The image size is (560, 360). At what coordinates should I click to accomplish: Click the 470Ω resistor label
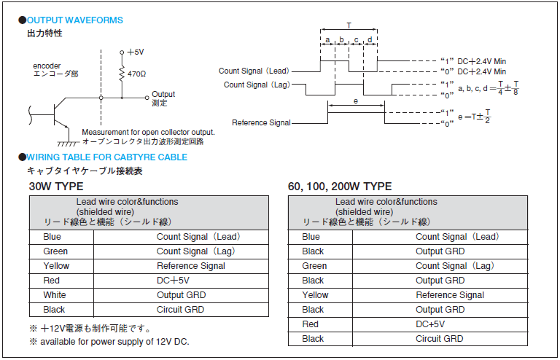[x=137, y=74]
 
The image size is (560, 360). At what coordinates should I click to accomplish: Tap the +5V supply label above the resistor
[x=136, y=52]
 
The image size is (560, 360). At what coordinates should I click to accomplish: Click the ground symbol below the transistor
[x=69, y=143]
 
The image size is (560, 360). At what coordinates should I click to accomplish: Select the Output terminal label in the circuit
[x=163, y=94]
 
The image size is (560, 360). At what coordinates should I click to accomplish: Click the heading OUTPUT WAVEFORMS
[x=74, y=20]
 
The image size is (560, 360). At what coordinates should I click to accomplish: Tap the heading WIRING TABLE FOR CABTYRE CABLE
[x=106, y=157]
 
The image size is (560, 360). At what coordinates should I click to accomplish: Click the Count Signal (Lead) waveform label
[x=254, y=71]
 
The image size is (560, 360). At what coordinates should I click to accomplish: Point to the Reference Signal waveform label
[x=261, y=122]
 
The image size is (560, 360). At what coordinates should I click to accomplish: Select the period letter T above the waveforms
[x=349, y=26]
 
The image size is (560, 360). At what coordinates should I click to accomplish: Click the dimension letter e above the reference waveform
[x=356, y=101]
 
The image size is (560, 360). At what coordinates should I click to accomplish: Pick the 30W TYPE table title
[x=56, y=187]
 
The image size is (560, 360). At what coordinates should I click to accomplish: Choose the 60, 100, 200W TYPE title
[x=340, y=187]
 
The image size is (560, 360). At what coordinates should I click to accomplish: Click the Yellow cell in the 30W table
[x=56, y=266]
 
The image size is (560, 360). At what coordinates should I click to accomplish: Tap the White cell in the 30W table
[x=55, y=295]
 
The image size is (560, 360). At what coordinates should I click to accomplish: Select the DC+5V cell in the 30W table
[x=173, y=281]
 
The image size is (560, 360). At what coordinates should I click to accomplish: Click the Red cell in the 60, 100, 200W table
[x=310, y=324]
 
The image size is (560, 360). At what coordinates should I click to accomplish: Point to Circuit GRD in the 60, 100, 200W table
[x=439, y=339]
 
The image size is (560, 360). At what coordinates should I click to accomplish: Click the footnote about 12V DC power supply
[x=109, y=342]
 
